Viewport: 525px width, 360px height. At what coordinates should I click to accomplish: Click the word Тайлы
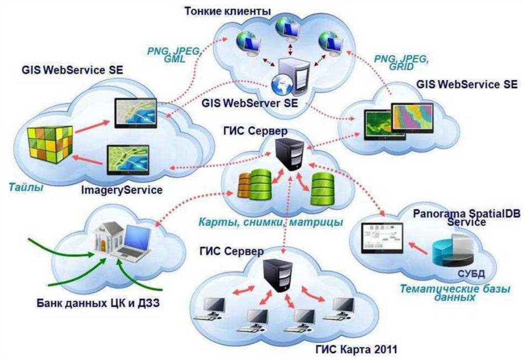coord(26,187)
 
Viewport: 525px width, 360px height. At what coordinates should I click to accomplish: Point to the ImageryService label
coord(122,190)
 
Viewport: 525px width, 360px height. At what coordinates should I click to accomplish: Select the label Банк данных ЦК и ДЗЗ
coord(98,303)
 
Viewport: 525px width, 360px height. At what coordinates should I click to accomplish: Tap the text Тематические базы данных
coord(455,293)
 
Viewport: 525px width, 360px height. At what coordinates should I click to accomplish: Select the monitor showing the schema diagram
coord(381,239)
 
